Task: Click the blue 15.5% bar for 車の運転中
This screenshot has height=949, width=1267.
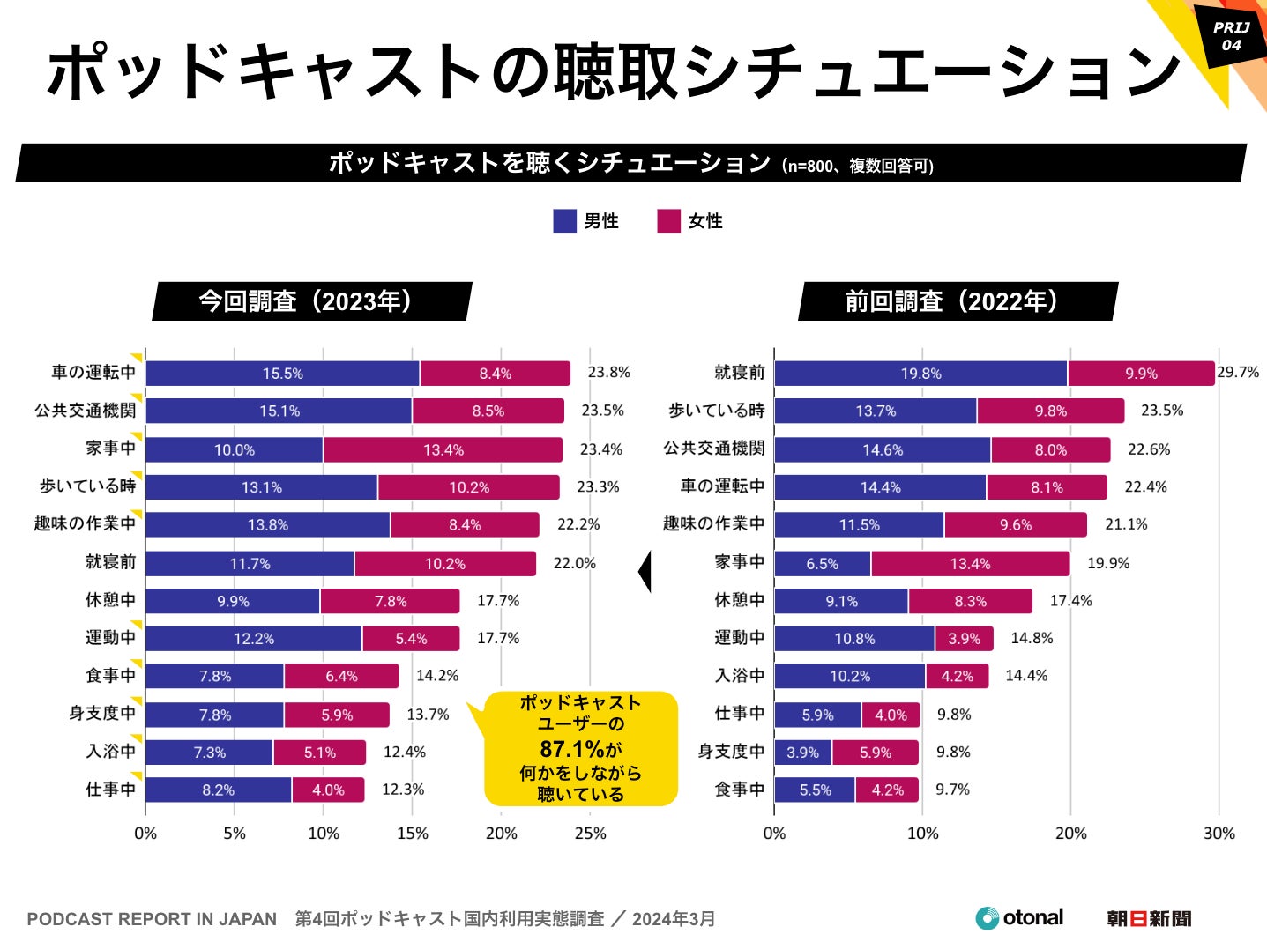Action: (282, 374)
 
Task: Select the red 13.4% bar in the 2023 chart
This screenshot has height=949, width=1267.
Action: (443, 449)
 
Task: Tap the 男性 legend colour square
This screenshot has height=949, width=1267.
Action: (564, 221)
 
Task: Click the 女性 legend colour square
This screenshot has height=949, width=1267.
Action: (668, 221)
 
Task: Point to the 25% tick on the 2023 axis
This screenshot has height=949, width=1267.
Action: (590, 834)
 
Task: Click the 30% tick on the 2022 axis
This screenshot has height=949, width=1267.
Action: (1219, 834)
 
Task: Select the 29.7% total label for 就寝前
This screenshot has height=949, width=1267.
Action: (1238, 372)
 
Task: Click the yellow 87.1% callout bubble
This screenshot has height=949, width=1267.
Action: (580, 749)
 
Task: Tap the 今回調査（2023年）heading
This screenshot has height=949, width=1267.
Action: (311, 301)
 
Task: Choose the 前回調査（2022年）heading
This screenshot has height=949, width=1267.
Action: (958, 301)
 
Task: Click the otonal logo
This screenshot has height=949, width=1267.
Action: (1019, 918)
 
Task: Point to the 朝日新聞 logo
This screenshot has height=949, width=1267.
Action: (1149, 919)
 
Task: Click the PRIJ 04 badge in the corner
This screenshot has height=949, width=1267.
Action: (1231, 36)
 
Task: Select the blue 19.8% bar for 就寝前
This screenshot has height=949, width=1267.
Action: (920, 374)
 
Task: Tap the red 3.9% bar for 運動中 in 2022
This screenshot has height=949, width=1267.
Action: (964, 639)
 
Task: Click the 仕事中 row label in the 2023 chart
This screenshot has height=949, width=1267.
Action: (110, 790)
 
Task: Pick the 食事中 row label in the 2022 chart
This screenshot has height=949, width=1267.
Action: (739, 790)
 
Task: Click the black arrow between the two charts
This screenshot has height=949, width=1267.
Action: (645, 572)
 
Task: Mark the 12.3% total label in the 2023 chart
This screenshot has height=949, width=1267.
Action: (403, 790)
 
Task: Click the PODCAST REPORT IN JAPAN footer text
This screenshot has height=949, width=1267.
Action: (152, 919)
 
